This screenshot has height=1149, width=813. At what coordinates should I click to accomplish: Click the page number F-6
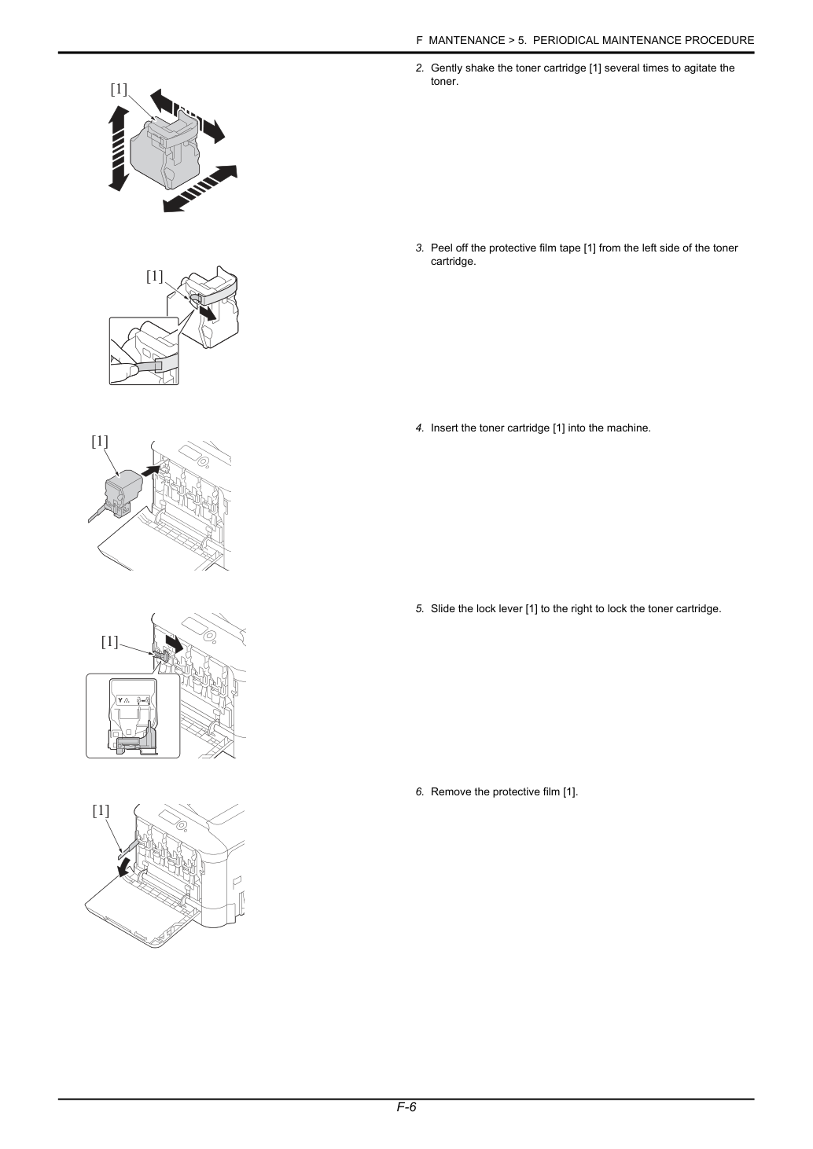click(406, 1107)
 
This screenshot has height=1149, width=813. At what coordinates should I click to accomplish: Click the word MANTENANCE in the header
click(466, 41)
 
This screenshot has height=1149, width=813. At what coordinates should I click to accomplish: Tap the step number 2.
click(419, 68)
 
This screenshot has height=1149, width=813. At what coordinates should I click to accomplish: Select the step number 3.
click(419, 248)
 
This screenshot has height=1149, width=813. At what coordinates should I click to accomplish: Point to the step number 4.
click(419, 428)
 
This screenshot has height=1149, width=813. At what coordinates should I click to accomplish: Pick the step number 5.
click(419, 609)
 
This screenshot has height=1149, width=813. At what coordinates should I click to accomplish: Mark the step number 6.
click(419, 792)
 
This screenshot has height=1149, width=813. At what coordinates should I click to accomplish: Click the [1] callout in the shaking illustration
click(119, 89)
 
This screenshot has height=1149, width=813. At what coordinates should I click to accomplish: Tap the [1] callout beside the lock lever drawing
click(109, 641)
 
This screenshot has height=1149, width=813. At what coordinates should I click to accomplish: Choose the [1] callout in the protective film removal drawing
click(101, 810)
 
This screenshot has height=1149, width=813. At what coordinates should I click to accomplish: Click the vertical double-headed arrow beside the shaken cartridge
click(119, 149)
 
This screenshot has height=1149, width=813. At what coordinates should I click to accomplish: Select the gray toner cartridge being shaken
click(164, 152)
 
